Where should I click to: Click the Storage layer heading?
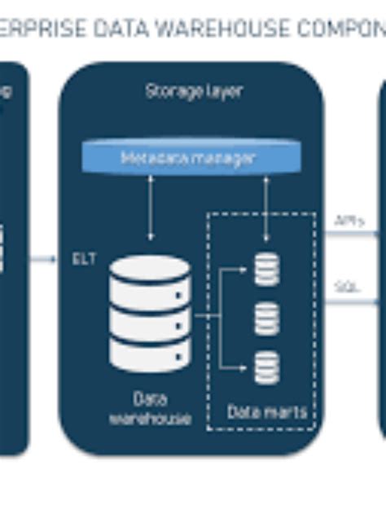click(193, 91)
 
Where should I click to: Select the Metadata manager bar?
click(187, 157)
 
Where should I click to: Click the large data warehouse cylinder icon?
click(151, 314)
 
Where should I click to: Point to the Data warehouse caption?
click(151, 409)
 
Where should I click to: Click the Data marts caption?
click(267, 412)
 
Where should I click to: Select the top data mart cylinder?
click(266, 269)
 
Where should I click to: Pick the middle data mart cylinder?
click(266, 318)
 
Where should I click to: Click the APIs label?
click(349, 221)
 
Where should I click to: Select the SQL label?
click(348, 287)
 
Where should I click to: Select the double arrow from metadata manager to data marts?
click(266, 208)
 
